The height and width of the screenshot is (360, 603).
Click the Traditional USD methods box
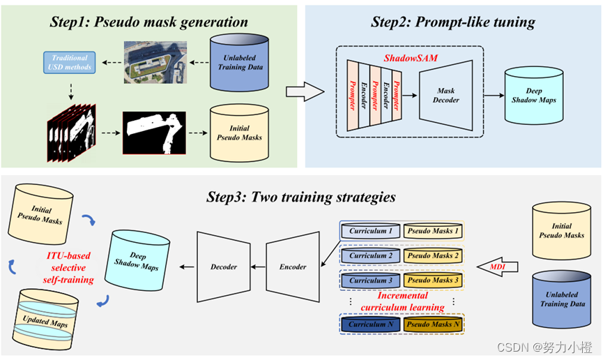[x=70, y=62]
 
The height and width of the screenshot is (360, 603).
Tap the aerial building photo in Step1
[x=155, y=62]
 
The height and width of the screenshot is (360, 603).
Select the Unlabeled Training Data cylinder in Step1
[x=239, y=62]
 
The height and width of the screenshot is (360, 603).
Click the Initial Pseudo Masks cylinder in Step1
[x=239, y=133]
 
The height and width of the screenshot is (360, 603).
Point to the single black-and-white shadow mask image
[x=154, y=133]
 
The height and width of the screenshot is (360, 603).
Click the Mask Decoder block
[x=445, y=96]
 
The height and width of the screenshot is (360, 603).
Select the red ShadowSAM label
[x=411, y=58]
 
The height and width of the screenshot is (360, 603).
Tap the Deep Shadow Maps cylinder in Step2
[x=534, y=96]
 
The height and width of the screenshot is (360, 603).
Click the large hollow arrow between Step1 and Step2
[x=305, y=91]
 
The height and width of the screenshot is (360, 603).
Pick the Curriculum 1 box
[x=371, y=231]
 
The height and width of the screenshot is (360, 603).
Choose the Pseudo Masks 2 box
[x=433, y=255]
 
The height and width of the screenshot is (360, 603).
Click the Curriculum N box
[x=371, y=324]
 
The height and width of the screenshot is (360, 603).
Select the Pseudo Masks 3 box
[x=433, y=280]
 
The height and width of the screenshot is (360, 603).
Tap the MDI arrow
[x=498, y=267]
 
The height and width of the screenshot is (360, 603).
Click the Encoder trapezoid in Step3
[x=293, y=267]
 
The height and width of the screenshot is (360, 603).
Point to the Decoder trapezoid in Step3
[x=224, y=267]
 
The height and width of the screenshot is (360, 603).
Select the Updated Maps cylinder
[x=45, y=320]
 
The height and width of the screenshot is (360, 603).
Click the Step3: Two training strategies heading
[x=301, y=197]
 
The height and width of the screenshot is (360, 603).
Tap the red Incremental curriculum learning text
[x=402, y=301]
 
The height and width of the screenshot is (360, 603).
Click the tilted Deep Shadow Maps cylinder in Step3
[x=137, y=261]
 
